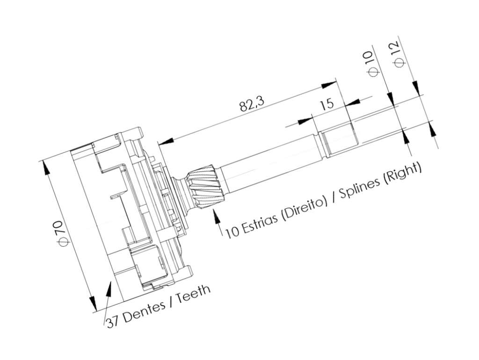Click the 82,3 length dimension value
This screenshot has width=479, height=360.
[251, 104]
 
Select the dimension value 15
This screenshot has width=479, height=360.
[327, 104]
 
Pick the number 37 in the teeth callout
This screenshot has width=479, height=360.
[113, 322]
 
